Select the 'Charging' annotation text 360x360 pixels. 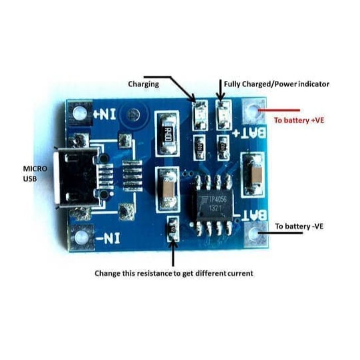144,84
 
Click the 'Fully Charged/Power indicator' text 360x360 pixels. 277,84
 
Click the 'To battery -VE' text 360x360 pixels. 299,226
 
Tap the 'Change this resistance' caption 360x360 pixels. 174,274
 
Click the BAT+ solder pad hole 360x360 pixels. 254,111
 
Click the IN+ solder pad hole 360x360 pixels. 79,114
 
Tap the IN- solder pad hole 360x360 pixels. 79,237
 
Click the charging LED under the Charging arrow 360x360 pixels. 199,110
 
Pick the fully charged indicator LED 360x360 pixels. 222,109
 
